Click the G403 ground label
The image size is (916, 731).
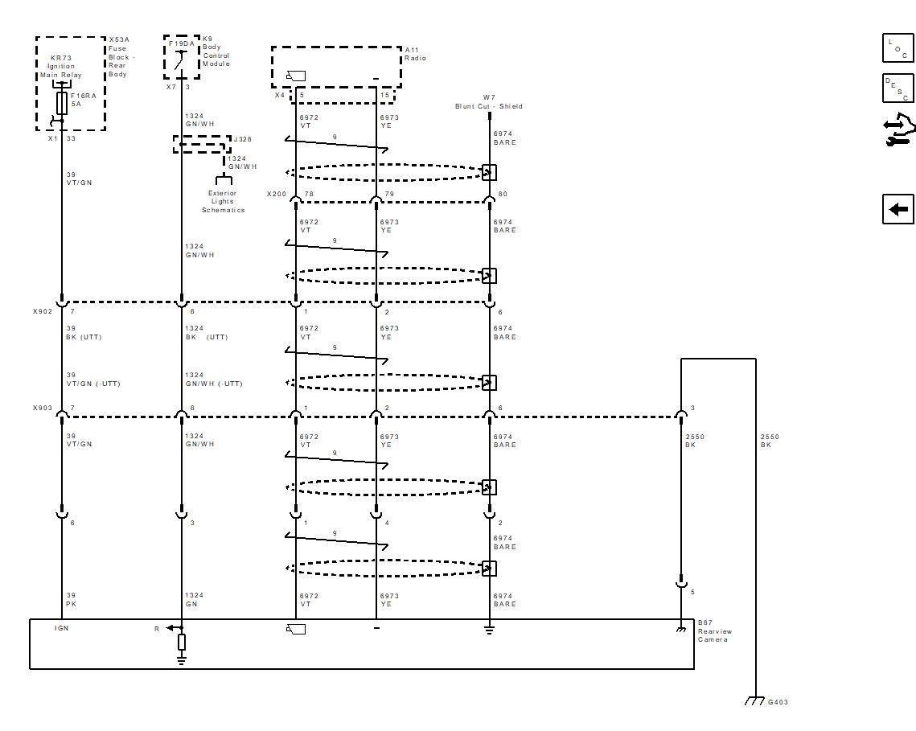tap(778, 702)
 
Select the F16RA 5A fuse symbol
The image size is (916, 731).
tap(62, 103)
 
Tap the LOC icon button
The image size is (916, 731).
tap(898, 48)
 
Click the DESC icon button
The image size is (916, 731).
tap(898, 88)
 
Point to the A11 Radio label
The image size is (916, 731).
tap(415, 54)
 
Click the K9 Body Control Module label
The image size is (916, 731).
tap(216, 51)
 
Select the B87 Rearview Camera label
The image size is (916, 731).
tap(714, 631)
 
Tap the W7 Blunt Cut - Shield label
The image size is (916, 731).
tap(489, 102)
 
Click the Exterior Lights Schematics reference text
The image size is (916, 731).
tap(223, 202)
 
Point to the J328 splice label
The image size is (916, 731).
tap(241, 139)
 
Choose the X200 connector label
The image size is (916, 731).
tap(276, 194)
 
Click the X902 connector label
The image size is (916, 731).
tap(42, 311)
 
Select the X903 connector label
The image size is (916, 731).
tap(42, 408)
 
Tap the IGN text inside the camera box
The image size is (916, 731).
tap(61, 628)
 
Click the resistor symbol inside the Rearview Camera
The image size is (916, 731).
tap(182, 642)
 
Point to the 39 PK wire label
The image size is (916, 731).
tap(71, 600)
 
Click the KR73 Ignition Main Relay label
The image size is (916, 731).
tap(61, 67)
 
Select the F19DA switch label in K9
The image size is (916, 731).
tap(181, 43)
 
